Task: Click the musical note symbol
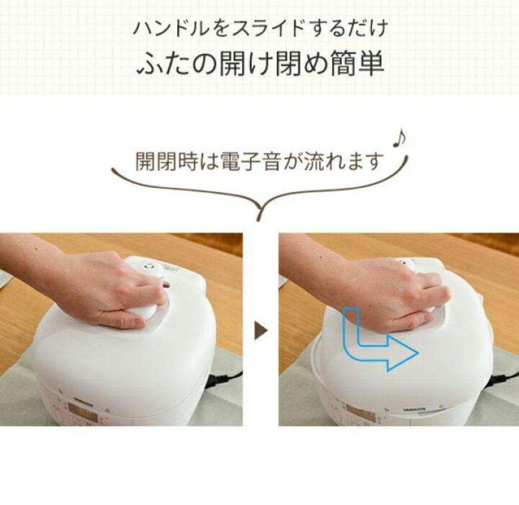[398, 140]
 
